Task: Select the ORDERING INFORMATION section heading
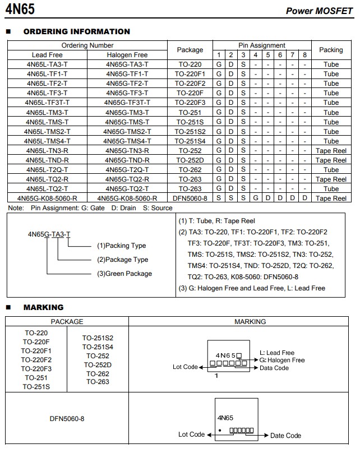76,32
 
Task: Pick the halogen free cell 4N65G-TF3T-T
127,103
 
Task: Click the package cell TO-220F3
190,103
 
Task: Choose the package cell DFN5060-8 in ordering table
190,198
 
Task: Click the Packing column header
331,50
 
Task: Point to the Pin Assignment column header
261,45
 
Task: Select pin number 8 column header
304,55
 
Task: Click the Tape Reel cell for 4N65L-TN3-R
331,150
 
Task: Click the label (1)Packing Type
121,246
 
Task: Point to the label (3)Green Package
124,274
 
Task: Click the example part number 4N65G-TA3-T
49,234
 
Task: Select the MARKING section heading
43,307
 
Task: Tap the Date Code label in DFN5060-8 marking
285,435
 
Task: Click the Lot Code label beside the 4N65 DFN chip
191,434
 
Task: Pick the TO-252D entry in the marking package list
98,364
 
